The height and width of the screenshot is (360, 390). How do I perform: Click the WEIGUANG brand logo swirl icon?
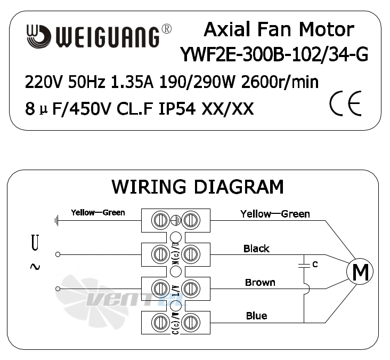tap(39, 36)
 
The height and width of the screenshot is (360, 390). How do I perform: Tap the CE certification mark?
tap(345, 103)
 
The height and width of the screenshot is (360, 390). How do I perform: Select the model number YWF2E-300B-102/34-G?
tap(274, 54)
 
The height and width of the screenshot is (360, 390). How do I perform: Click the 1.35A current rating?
tap(132, 82)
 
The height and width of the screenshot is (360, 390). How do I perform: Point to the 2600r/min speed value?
tap(280, 82)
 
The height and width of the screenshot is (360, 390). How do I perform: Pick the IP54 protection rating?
tap(177, 109)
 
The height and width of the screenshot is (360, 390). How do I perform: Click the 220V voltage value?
tap(43, 82)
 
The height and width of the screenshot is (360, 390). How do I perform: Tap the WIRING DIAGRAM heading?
tap(198, 187)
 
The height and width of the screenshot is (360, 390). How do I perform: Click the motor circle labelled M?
tap(360, 271)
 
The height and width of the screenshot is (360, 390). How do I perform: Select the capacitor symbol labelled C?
tap(304, 265)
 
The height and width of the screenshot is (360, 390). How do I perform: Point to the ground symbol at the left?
tap(56, 221)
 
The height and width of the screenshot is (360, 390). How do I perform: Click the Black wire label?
tap(256, 249)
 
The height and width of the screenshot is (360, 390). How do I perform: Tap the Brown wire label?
tap(260, 283)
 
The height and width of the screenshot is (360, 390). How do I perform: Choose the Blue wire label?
tap(257, 316)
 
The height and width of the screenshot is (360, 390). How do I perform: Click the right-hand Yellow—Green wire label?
tap(275, 214)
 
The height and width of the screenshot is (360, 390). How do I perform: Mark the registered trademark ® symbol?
tap(167, 29)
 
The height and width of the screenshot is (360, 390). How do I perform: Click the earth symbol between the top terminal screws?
tap(176, 220)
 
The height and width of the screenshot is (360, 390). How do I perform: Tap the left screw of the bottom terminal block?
tap(160, 323)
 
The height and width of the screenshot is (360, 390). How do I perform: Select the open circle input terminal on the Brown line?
tap(58, 289)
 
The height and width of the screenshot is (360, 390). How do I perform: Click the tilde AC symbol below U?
tap(35, 267)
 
